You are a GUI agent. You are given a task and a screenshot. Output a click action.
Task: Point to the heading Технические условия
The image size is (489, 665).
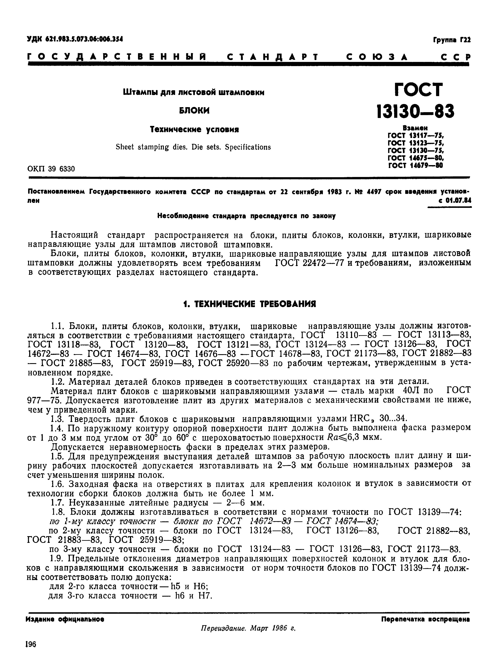point(194,129)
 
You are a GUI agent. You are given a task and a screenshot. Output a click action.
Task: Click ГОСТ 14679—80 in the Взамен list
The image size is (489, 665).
point(415,166)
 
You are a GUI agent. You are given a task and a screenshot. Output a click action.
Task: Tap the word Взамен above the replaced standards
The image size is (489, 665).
point(415,128)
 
